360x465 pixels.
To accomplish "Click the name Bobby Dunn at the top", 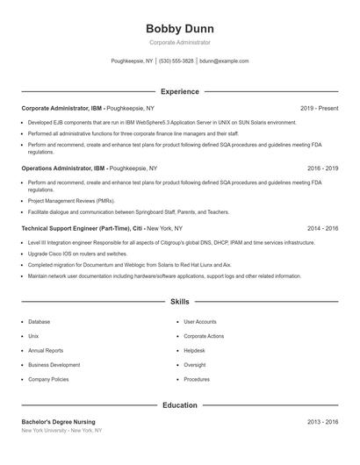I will pos(179,28).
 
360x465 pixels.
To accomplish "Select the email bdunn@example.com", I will pos(224,61).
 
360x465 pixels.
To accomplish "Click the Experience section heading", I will pos(179,91).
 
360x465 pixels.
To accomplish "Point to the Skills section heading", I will pos(179,301).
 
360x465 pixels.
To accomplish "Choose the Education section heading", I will pos(179,405).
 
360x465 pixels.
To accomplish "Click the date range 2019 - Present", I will pos(319,108).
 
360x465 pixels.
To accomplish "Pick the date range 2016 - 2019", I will pos(322,167).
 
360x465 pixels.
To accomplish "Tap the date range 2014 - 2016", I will pos(322,227).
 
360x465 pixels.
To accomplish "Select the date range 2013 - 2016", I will pos(322,422).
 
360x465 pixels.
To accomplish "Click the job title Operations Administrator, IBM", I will pos(64,167).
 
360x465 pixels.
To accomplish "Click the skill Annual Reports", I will pos(46,350).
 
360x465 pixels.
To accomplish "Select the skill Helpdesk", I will pos(194,350).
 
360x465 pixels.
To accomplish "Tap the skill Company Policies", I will pos(48,379).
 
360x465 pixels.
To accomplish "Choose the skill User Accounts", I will pos(199,321).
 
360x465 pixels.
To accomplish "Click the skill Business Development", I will pos(54,364).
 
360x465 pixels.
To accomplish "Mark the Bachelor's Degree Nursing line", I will pos(58,422).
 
